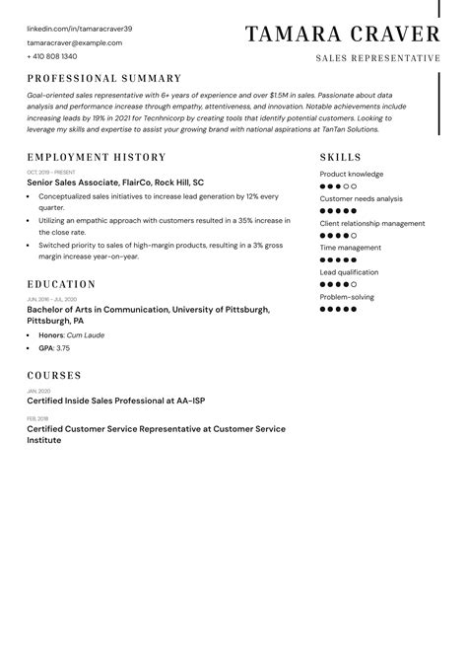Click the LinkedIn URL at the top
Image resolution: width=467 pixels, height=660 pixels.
click(79, 30)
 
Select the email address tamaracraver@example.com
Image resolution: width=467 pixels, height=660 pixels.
click(75, 43)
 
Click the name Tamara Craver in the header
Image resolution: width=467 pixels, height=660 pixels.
click(342, 36)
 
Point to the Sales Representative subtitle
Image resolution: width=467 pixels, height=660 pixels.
click(377, 59)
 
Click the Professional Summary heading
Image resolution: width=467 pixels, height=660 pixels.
click(104, 78)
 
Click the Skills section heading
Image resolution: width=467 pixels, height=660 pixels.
click(341, 158)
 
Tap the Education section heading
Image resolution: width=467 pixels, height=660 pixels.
click(61, 284)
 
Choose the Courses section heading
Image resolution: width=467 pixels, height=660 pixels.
click(54, 376)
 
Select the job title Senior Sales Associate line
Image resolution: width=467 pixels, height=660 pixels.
click(115, 183)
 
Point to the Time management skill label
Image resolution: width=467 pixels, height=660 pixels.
click(351, 248)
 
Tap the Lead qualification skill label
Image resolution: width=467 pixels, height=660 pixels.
click(349, 272)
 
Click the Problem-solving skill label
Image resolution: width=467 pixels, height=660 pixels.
click(347, 296)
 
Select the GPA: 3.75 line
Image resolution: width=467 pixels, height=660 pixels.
click(54, 348)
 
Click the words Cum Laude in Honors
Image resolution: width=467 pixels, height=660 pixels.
click(87, 335)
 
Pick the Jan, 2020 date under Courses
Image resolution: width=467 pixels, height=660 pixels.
click(39, 391)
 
